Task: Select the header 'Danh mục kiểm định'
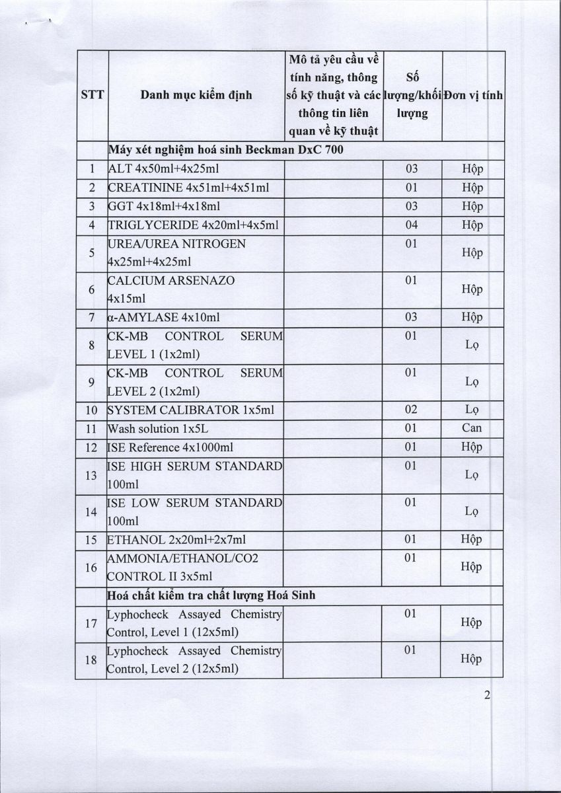coord(196,95)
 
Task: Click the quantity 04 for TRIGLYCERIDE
coord(411,225)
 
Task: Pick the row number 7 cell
coord(91,317)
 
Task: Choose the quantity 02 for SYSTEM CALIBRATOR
coord(411,410)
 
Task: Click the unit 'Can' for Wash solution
coord(472,428)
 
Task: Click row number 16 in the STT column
coord(91,567)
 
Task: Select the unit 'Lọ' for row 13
coord(472,474)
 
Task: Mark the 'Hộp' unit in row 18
coord(472,660)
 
